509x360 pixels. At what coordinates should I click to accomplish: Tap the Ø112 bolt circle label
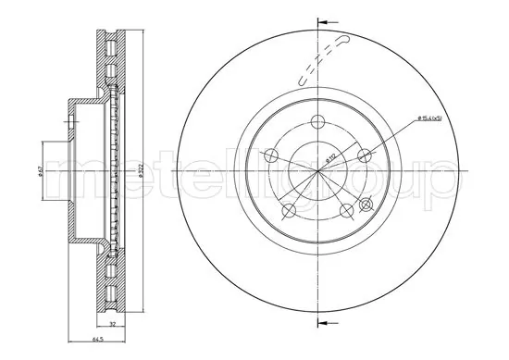pyautogui.click(x=330, y=157)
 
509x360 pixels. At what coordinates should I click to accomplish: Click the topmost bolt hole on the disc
pyautogui.click(x=317, y=121)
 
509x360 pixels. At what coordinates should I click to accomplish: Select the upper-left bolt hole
pyautogui.click(x=272, y=154)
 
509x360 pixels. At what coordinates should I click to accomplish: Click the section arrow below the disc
pyautogui.click(x=324, y=323)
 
